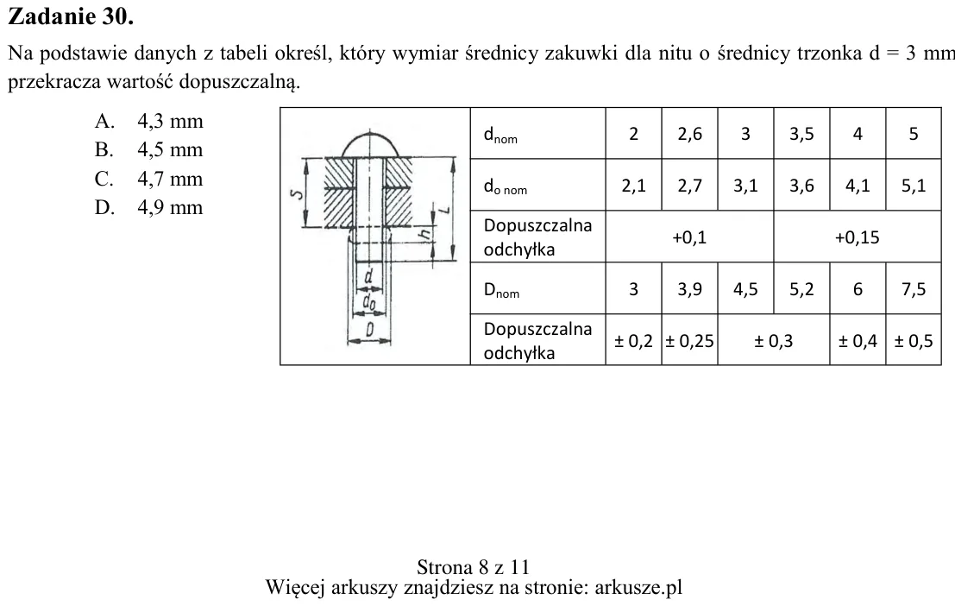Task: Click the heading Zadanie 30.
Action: pyautogui.click(x=71, y=16)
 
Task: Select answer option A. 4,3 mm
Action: pyautogui.click(x=148, y=121)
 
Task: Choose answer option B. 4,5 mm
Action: pyautogui.click(x=148, y=149)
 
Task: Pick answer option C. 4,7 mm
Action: pyautogui.click(x=148, y=179)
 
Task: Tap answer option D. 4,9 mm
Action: pyautogui.click(x=148, y=207)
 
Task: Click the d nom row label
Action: pyautogui.click(x=500, y=135)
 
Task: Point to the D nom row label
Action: pyautogui.click(x=501, y=289)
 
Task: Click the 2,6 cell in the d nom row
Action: pyautogui.click(x=689, y=134)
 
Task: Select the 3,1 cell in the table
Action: pyautogui.click(x=745, y=186)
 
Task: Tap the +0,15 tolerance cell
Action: pyautogui.click(x=857, y=237)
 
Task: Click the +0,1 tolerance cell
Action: pyautogui.click(x=689, y=237)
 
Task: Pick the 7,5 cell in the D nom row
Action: pyautogui.click(x=914, y=289)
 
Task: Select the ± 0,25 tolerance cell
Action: pyautogui.click(x=689, y=340)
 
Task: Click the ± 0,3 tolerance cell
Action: pyautogui.click(x=774, y=340)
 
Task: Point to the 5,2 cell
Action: pyautogui.click(x=801, y=289)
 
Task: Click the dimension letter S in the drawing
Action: pyautogui.click(x=297, y=194)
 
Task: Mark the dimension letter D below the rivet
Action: pyautogui.click(x=369, y=329)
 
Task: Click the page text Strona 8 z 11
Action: pyautogui.click(x=474, y=567)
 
